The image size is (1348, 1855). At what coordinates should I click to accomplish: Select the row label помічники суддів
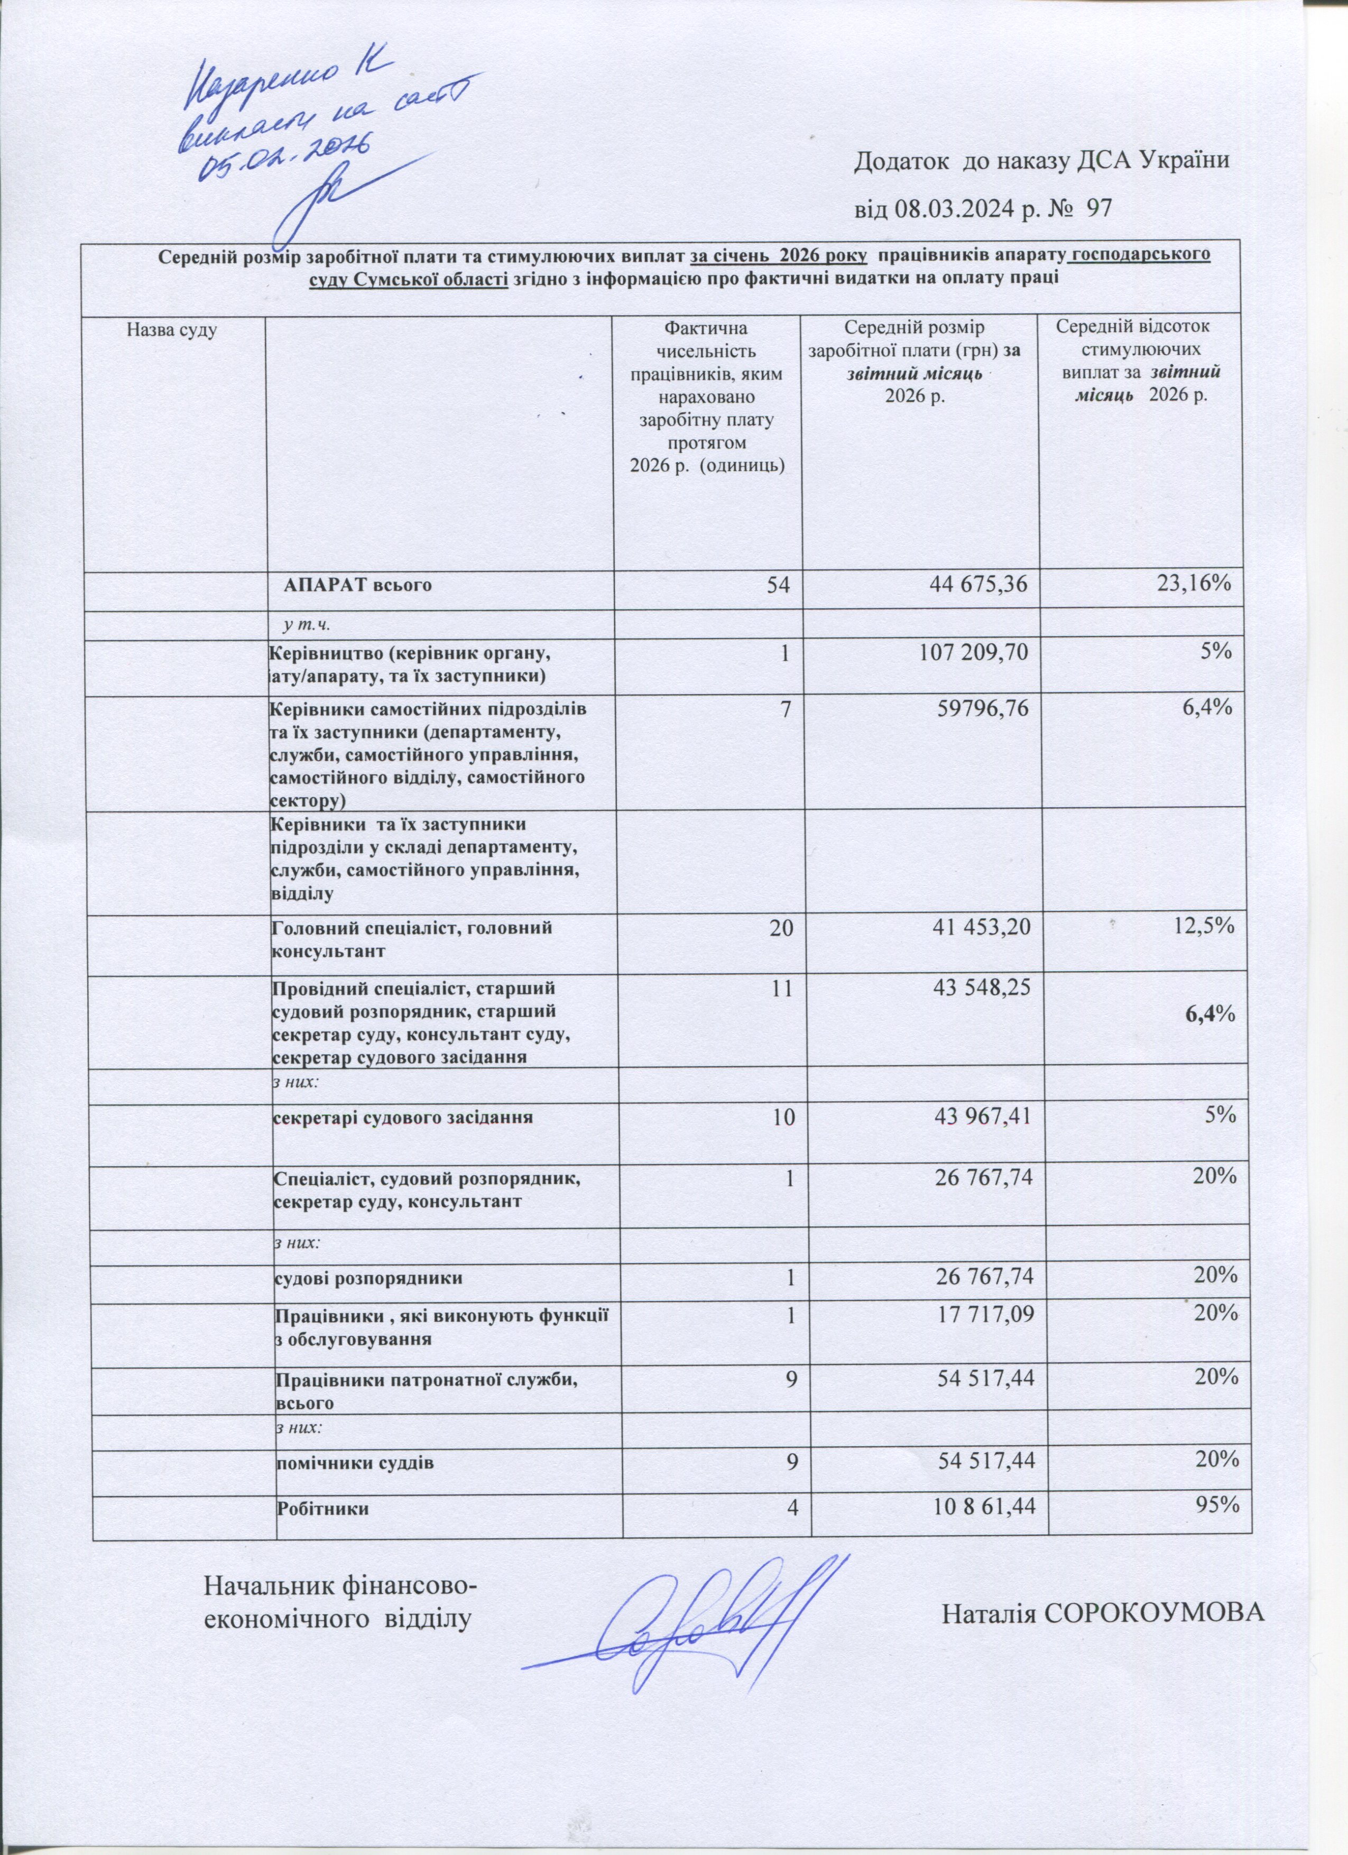(353, 1441)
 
